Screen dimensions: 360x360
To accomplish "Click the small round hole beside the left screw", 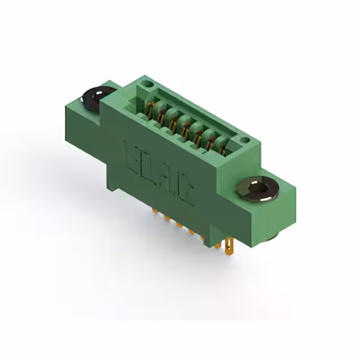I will click(147, 84).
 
